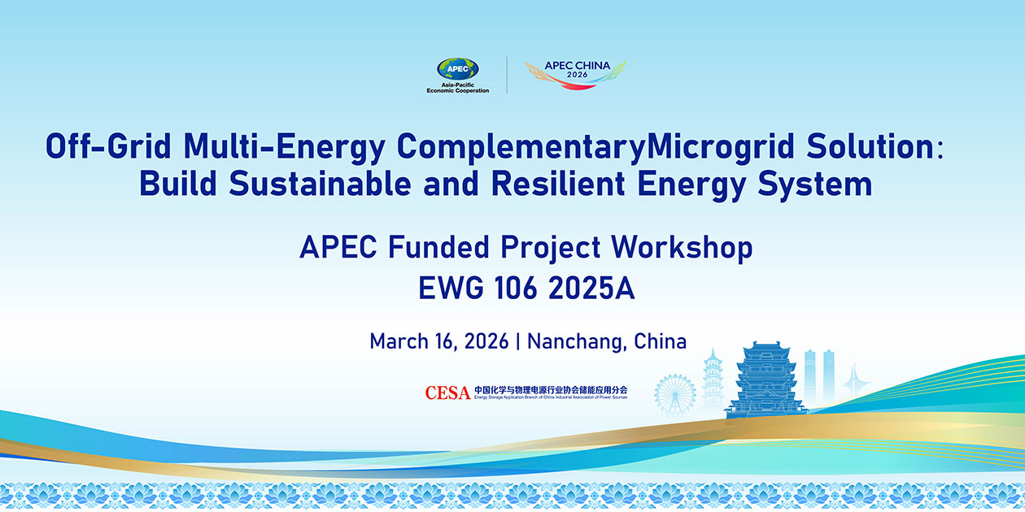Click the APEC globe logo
point(457,68)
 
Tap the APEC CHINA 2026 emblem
point(576,75)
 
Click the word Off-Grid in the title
point(108,146)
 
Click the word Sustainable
point(320,184)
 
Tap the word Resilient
point(558,184)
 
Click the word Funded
point(438,247)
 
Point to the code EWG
point(451,288)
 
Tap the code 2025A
point(591,288)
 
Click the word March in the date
point(399,341)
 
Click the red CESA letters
point(447,393)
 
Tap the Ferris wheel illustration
point(675,395)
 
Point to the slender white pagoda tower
point(713,379)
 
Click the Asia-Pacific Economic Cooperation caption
point(457,88)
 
